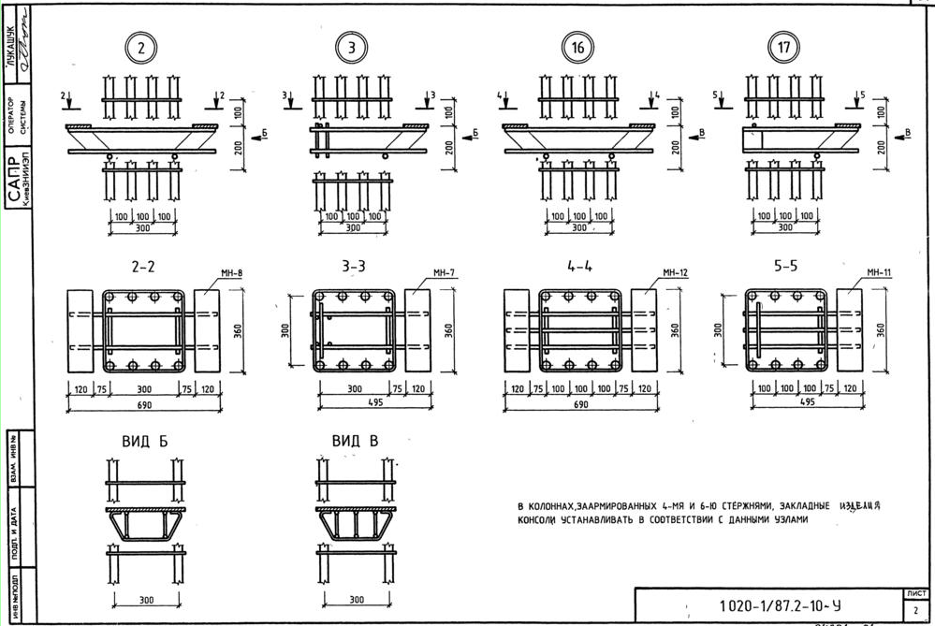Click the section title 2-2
click(143, 267)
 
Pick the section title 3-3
click(353, 267)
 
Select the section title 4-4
click(580, 266)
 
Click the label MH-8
click(232, 274)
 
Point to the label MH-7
click(445, 273)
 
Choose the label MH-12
click(676, 273)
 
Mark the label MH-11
click(880, 273)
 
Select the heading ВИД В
click(355, 442)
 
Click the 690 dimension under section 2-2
click(143, 405)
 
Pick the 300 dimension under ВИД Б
click(146, 600)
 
